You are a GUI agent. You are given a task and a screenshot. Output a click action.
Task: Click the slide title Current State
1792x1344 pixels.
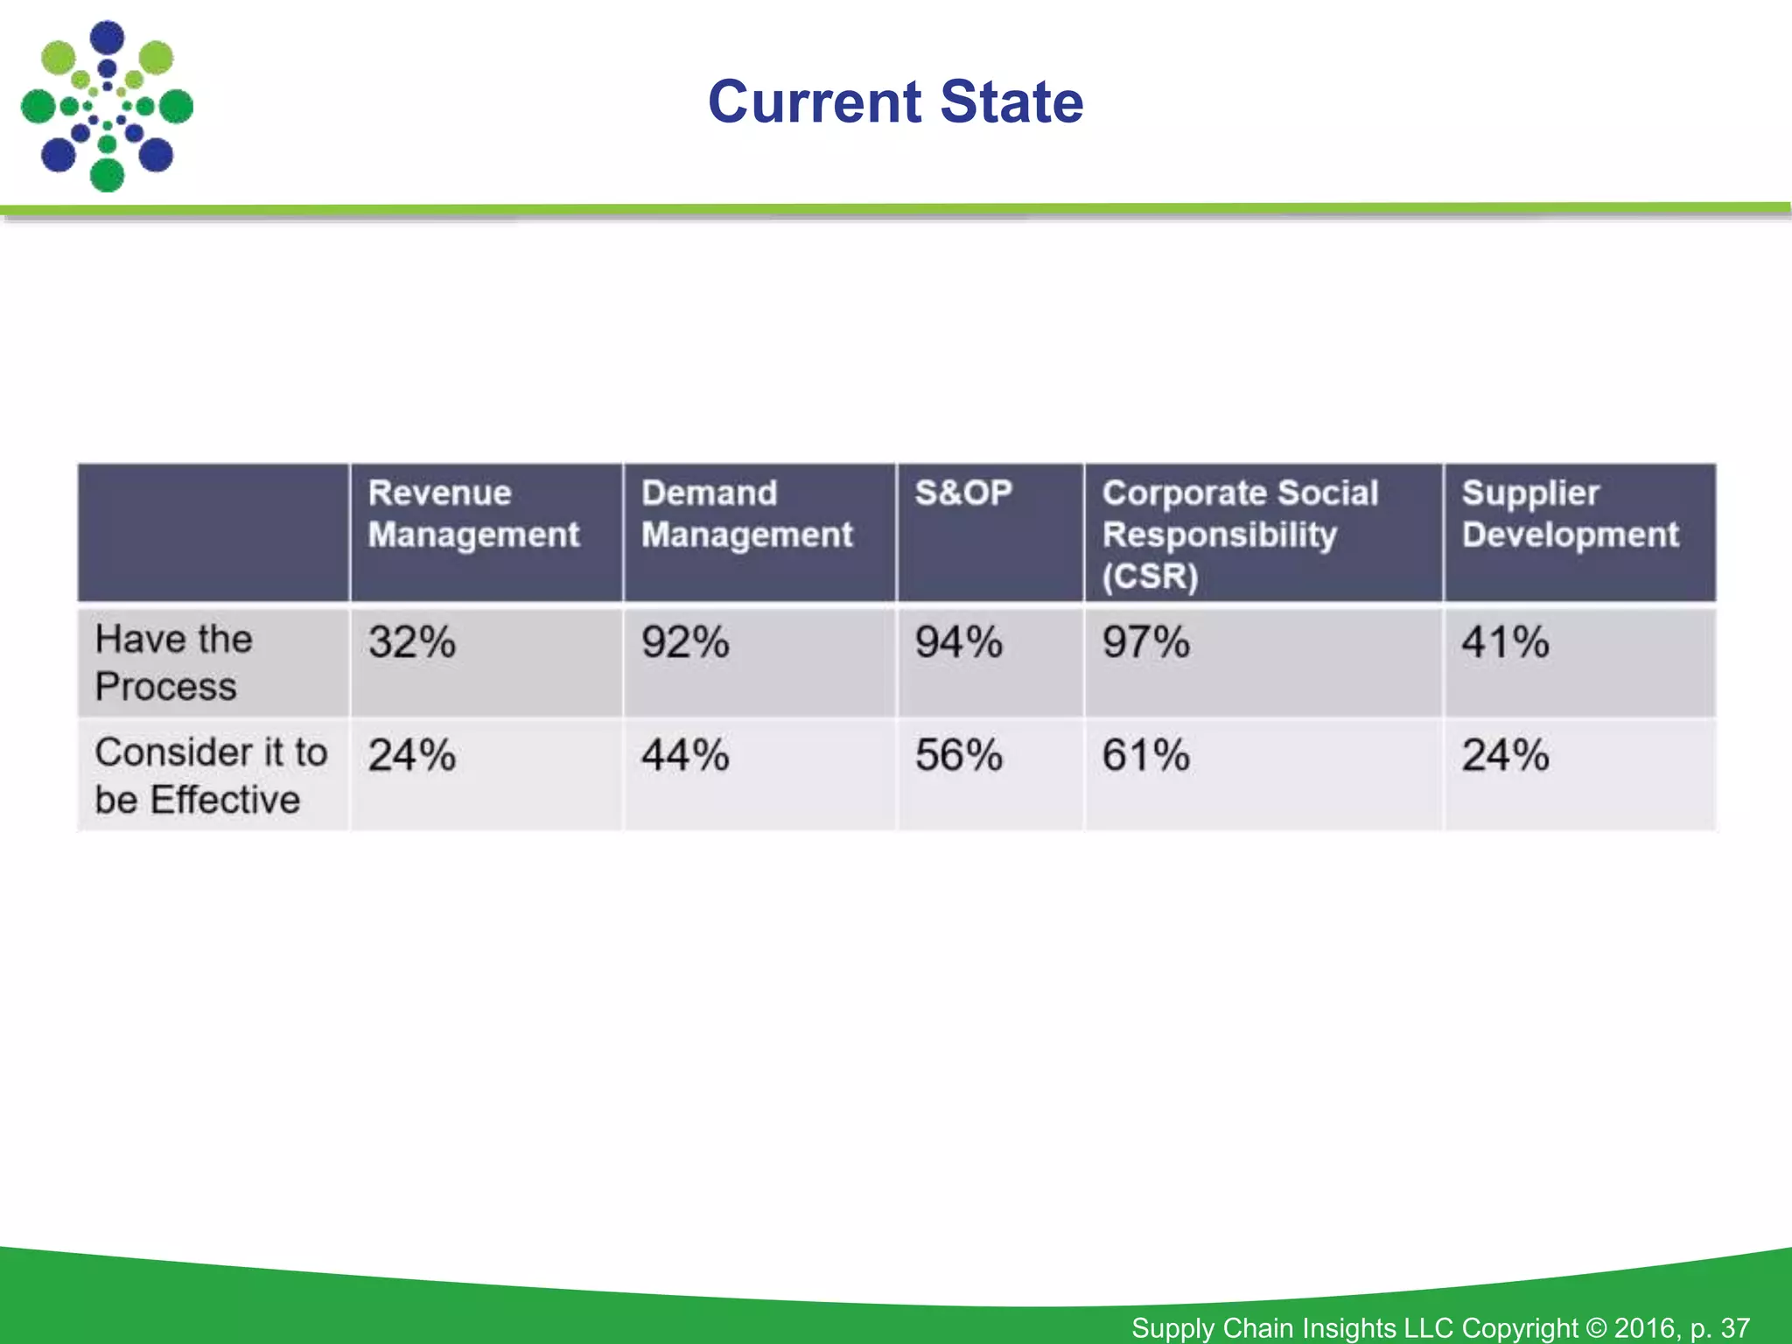tap(895, 102)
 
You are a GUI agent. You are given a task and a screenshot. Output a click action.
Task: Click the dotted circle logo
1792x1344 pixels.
tap(107, 107)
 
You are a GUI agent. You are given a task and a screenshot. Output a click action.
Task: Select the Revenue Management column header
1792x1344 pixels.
tap(473, 514)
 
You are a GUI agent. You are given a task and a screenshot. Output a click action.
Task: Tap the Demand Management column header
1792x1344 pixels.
tap(746, 514)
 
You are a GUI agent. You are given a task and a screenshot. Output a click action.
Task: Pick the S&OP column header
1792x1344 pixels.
tap(963, 493)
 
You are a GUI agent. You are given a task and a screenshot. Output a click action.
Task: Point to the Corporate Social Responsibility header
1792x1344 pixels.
tap(1240, 534)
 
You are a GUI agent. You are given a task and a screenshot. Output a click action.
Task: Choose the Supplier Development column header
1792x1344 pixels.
tap(1570, 514)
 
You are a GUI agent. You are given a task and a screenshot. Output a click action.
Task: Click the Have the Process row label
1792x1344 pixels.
tap(174, 662)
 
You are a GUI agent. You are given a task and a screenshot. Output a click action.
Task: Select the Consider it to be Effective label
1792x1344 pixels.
tap(211, 775)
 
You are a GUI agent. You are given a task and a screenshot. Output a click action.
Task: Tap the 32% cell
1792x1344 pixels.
tap(412, 642)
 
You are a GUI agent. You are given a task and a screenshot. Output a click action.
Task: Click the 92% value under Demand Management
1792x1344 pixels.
tap(685, 642)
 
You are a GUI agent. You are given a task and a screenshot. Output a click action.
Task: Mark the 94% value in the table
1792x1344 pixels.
tap(959, 642)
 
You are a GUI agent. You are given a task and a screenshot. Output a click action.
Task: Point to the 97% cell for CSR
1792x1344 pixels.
tap(1146, 642)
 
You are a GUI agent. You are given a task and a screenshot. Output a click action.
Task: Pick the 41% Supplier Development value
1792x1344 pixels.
tap(1506, 642)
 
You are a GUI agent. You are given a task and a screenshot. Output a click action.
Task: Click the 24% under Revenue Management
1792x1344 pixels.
tap(412, 755)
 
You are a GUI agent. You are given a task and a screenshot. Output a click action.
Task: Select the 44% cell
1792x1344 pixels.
tap(685, 755)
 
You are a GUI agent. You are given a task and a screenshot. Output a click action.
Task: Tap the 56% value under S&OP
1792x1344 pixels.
tap(959, 755)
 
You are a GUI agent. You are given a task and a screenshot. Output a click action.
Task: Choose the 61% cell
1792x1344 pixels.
tap(1146, 755)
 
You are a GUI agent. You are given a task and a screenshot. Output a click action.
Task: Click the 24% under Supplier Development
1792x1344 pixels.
tap(1506, 755)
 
